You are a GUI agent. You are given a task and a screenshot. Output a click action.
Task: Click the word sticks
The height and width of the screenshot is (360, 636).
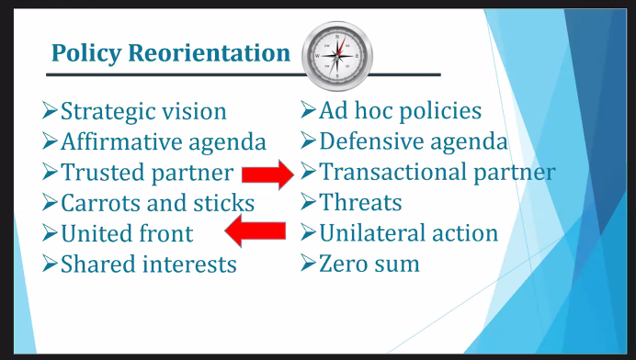click(222, 203)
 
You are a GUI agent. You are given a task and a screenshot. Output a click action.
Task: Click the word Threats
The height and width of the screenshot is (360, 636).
click(360, 203)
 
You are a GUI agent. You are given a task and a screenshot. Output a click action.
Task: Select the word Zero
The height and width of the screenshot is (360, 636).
click(346, 264)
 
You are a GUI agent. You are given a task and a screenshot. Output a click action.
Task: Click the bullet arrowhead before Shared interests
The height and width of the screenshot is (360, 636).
click(50, 264)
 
